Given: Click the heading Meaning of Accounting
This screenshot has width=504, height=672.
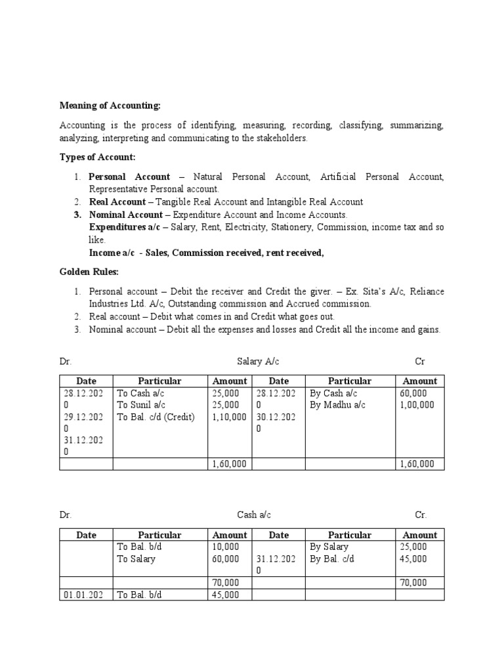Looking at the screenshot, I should pos(110,105).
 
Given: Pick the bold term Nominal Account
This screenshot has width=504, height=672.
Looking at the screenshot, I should pos(126,215).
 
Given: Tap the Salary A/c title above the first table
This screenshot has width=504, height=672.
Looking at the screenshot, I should pos(253,362).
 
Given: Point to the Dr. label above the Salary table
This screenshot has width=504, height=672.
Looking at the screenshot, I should pos(65,362).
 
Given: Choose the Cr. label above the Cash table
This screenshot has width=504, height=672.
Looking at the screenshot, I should pos(421,516).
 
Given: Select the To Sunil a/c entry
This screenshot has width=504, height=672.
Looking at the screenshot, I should pos(141,405).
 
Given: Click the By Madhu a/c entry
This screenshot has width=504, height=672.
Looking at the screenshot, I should pos(337,405).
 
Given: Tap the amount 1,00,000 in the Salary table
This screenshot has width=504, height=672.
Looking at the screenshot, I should pos(417,405).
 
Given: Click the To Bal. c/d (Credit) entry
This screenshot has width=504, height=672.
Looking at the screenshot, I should pos(156,417).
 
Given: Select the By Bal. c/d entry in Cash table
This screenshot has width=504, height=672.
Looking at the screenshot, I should pos(331,559).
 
